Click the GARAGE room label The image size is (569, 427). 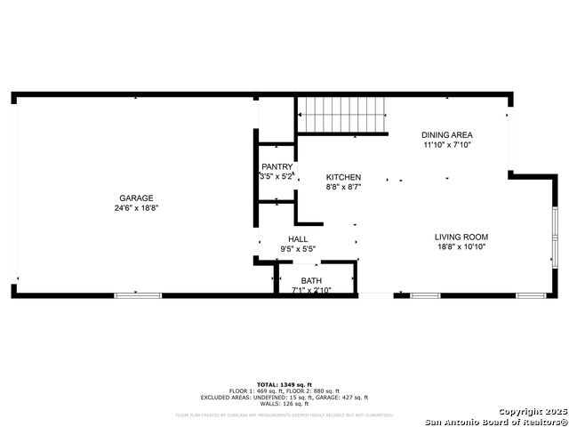(137, 198)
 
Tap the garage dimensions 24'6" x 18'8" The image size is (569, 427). (137, 208)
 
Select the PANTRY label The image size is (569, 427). (276, 167)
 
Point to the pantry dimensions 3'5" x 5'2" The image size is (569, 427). (276, 177)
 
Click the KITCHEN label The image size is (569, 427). (343, 177)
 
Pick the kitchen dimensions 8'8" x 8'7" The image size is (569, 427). (343, 187)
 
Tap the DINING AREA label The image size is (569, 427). (446, 134)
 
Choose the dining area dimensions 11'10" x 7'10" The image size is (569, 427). (446, 144)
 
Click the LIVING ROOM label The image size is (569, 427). (461, 237)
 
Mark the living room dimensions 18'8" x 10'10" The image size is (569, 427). (461, 246)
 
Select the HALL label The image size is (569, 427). (298, 239)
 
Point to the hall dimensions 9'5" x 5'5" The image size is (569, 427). (298, 249)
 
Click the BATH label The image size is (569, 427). (311, 281)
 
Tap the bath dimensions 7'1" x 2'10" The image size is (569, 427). (311, 290)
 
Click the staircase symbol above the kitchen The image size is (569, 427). (342, 115)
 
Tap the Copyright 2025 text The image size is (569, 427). (531, 411)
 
